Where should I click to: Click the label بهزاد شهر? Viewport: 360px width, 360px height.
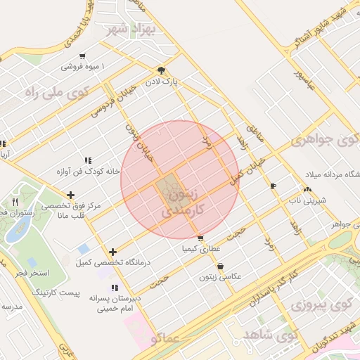[131, 30]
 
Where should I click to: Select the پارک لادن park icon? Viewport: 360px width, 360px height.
[161, 70]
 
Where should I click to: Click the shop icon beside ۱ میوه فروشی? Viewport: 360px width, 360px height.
[83, 56]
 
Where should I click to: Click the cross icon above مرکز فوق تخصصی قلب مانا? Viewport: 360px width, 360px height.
[70, 195]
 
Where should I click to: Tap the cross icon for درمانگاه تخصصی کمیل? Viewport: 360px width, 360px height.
[113, 252]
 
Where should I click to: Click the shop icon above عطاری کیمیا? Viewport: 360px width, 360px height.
[200, 238]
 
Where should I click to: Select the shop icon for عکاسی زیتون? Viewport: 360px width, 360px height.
[221, 266]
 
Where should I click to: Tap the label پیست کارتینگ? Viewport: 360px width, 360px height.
[56, 291]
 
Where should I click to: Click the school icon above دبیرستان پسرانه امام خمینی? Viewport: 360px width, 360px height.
[114, 288]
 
